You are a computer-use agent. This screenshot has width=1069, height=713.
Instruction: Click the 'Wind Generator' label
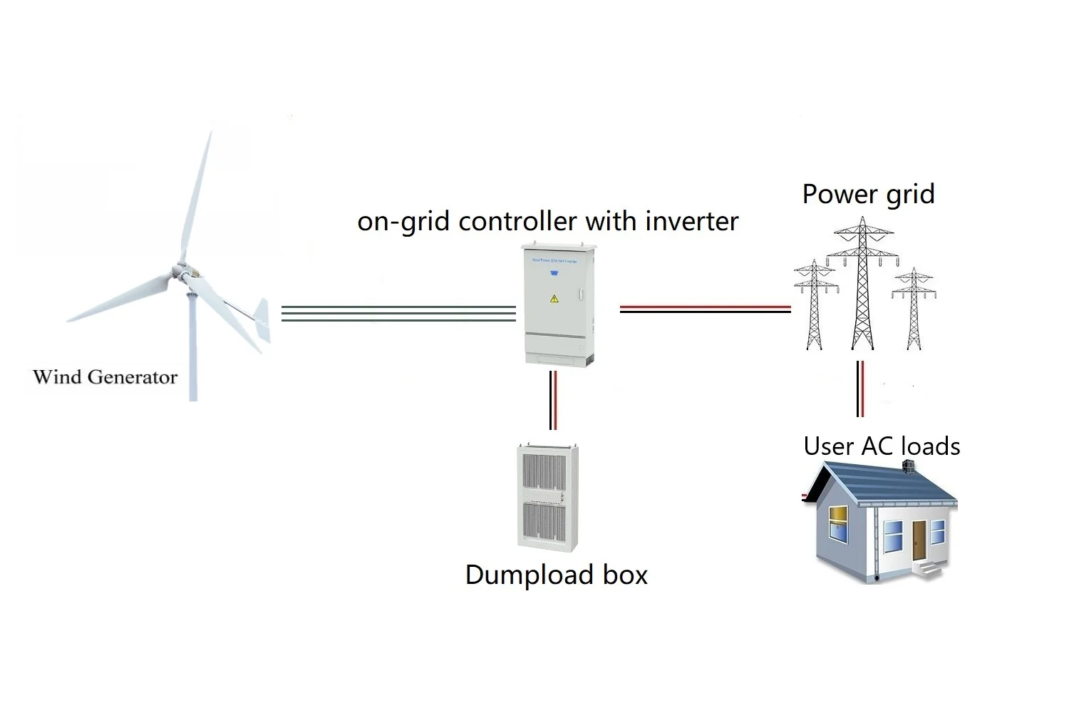coord(105,376)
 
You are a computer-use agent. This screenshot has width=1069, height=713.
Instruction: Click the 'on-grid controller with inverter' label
coord(547,221)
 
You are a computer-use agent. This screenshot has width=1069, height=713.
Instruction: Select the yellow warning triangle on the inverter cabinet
coord(554,299)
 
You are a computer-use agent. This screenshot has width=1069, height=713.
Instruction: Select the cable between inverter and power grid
coord(705,309)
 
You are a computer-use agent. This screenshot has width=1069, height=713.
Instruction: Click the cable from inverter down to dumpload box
coord(553,400)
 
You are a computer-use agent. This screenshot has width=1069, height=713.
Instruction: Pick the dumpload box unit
coord(547,497)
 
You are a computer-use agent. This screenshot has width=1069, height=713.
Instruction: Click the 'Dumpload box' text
coord(556,575)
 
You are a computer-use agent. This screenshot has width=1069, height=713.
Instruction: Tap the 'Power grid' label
coord(868,194)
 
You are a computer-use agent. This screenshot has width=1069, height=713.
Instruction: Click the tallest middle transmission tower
coord(863,285)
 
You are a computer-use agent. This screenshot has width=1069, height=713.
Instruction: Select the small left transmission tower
coord(815,305)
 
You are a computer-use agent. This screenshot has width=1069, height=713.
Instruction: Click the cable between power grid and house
coord(860,389)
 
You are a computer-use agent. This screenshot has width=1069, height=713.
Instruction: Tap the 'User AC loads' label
coord(882,446)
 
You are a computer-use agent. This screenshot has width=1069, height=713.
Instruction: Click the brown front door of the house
coord(919,540)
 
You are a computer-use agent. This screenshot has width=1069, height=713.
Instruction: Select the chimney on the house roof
coord(908,467)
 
